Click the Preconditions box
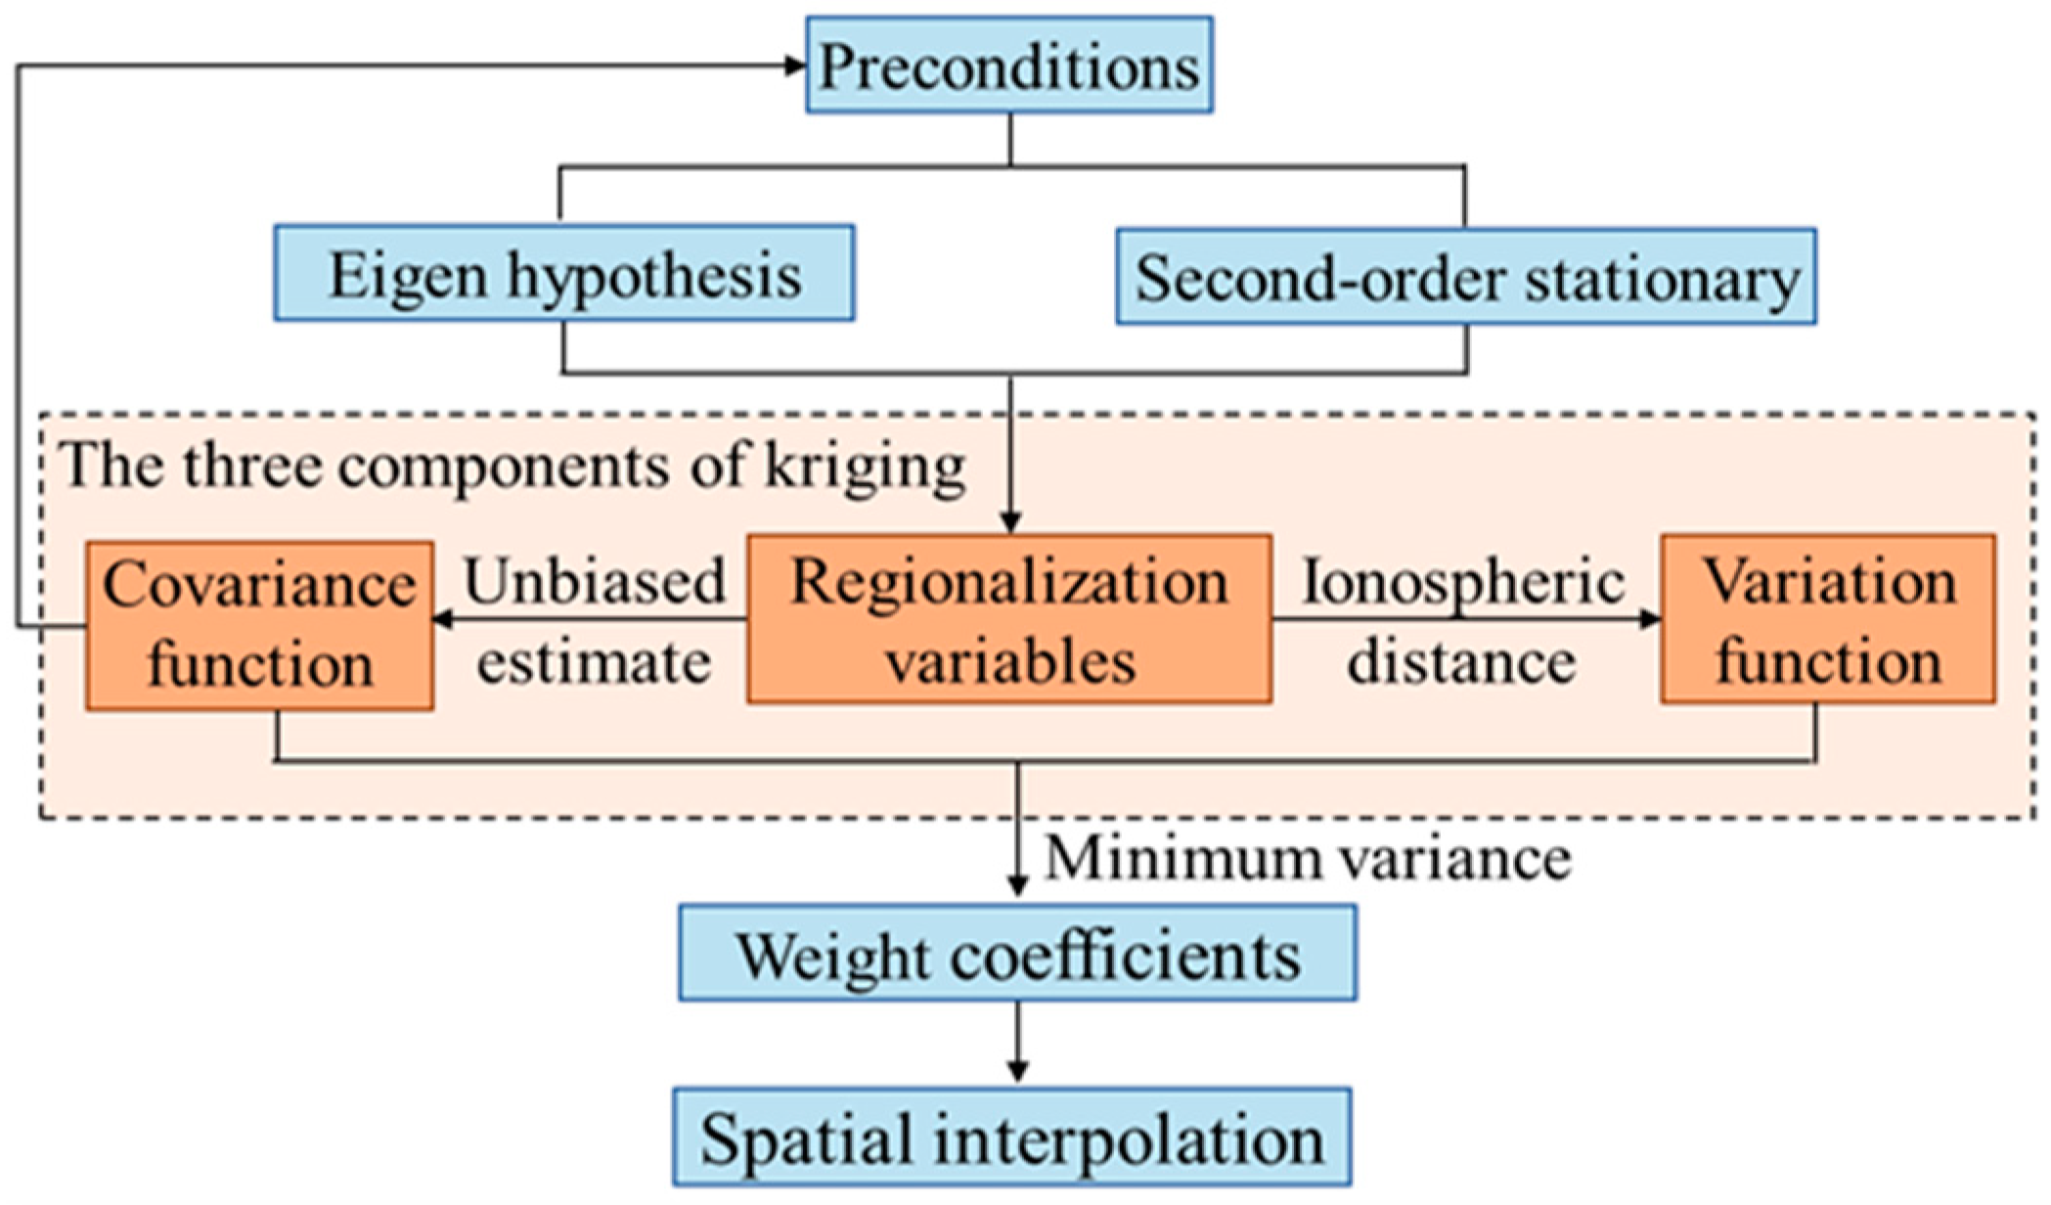(x=1009, y=66)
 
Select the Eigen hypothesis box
(x=564, y=274)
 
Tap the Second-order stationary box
(x=1466, y=278)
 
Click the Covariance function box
(x=259, y=625)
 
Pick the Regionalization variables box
(x=1009, y=619)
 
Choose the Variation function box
(x=1827, y=619)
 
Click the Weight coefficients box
(x=1017, y=954)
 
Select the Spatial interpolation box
(x=1011, y=1138)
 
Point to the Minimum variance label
(x=1308, y=859)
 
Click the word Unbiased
(x=595, y=581)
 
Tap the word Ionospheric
(x=1462, y=581)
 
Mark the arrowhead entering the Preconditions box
(x=795, y=66)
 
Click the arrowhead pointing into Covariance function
(x=443, y=618)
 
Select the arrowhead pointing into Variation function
(x=1650, y=618)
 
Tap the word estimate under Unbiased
(x=594, y=662)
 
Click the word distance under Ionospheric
(x=1461, y=662)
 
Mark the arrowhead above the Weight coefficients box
(x=1017, y=885)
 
